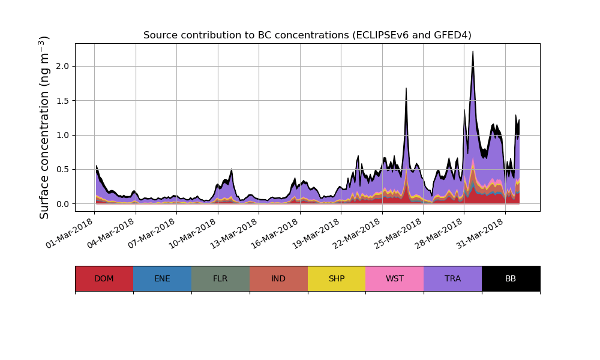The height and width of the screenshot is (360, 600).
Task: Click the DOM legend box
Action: pyautogui.click(x=104, y=278)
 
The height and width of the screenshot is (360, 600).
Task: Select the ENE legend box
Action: pyautogui.click(x=162, y=278)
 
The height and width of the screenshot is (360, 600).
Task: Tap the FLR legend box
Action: pyautogui.click(x=220, y=278)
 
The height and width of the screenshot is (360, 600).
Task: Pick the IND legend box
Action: pyautogui.click(x=278, y=278)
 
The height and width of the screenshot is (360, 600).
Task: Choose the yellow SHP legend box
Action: pyautogui.click(x=337, y=278)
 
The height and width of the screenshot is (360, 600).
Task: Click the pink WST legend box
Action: pyautogui.click(x=395, y=278)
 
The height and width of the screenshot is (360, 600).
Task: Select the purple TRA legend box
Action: pyautogui.click(x=453, y=278)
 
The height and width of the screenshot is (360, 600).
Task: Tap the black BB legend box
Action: pyautogui.click(x=511, y=278)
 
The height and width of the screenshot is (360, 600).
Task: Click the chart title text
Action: pyautogui.click(x=307, y=35)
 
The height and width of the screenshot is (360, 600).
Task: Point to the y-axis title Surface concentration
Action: pyautogui.click(x=44, y=127)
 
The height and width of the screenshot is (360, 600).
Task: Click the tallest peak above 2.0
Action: pyautogui.click(x=473, y=52)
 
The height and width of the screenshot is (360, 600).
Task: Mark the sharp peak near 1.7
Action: pyautogui.click(x=406, y=89)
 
